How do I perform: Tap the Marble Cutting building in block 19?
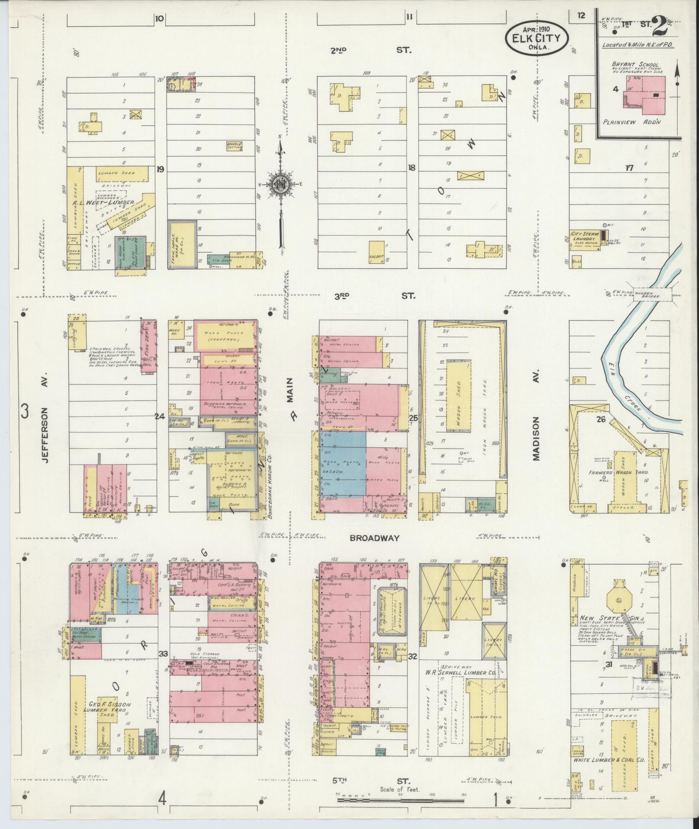[234, 146]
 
